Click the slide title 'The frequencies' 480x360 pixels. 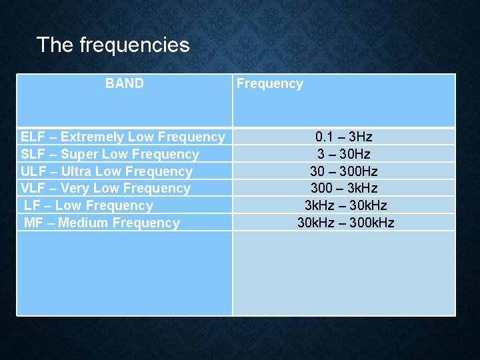(113, 45)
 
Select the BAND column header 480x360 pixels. (124, 83)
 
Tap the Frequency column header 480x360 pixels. (269, 83)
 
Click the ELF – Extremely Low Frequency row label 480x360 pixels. (123, 137)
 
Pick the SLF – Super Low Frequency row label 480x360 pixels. (110, 154)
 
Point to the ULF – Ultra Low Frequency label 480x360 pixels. (107, 171)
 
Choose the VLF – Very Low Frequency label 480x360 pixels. (105, 189)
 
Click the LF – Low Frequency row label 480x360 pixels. (89, 206)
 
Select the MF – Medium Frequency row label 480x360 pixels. (102, 223)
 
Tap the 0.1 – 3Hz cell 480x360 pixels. (344, 137)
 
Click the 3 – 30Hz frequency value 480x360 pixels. (344, 154)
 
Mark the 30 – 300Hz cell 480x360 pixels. (344, 171)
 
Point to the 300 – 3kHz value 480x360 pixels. (344, 189)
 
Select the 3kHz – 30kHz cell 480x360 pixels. (345, 206)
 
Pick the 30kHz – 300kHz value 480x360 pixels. (345, 223)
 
